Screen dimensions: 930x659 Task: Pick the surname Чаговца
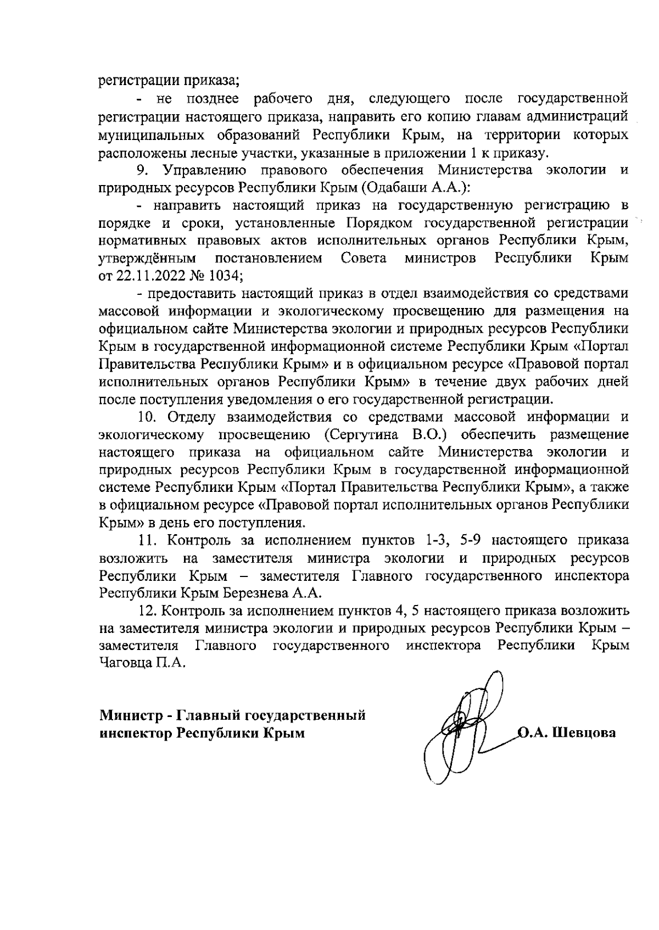125,663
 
